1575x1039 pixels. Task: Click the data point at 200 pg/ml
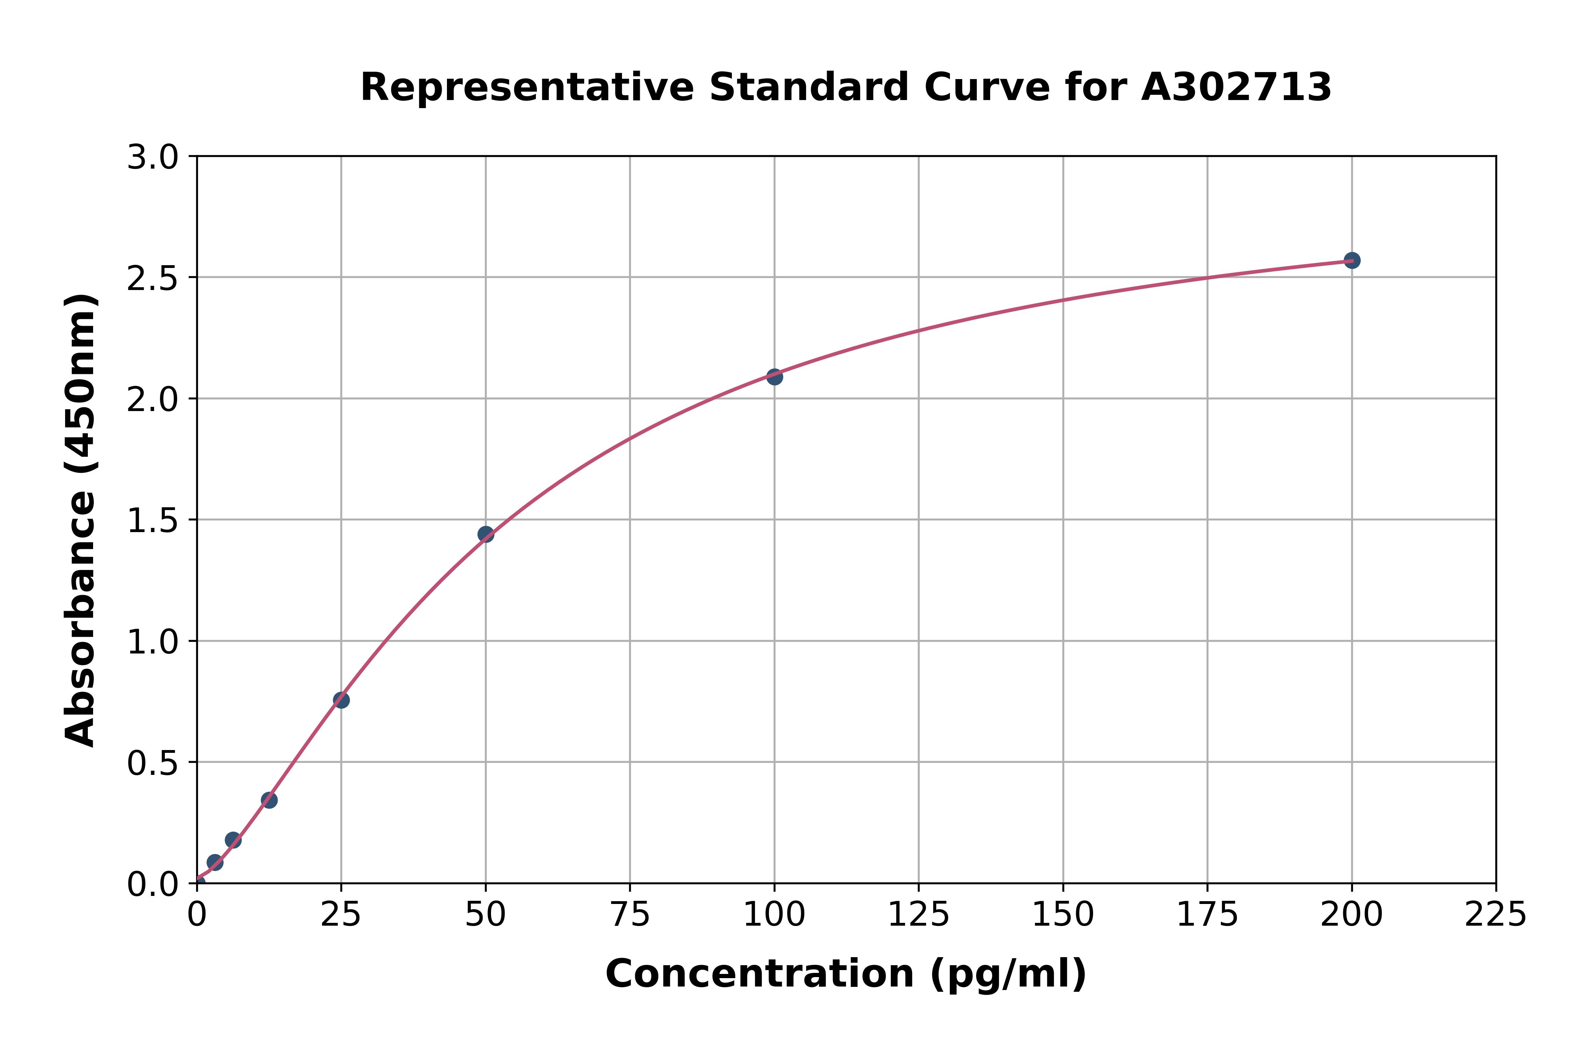pyautogui.click(x=1352, y=260)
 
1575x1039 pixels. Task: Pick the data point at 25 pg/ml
pyautogui.click(x=341, y=700)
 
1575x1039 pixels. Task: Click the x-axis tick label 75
pyautogui.click(x=630, y=915)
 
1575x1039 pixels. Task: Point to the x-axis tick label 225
pyautogui.click(x=1496, y=915)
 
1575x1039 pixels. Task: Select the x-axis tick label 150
pyautogui.click(x=1063, y=915)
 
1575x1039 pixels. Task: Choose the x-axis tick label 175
pyautogui.click(x=1207, y=915)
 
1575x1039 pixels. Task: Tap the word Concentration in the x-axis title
pyautogui.click(x=759, y=974)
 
